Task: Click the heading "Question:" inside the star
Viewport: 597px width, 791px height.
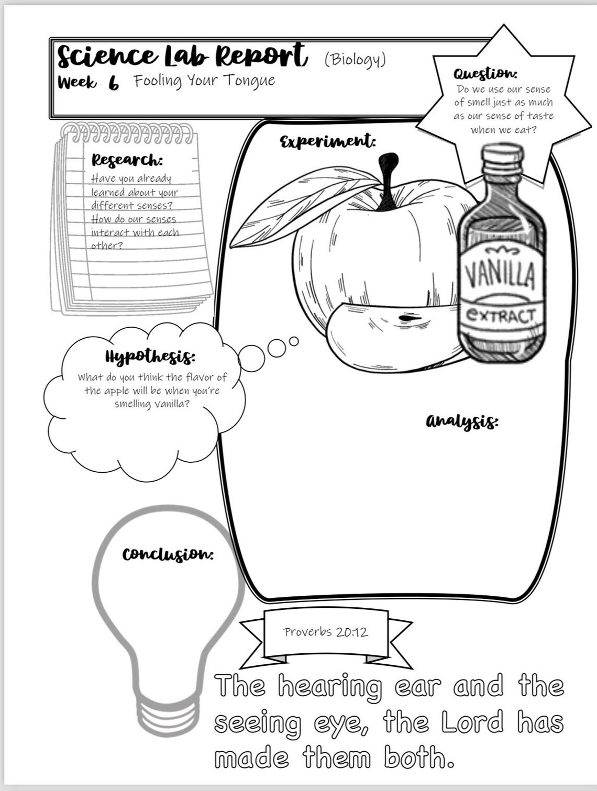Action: [485, 73]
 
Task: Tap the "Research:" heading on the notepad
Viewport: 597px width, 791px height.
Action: [127, 160]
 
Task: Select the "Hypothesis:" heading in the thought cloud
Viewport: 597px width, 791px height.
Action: [150, 356]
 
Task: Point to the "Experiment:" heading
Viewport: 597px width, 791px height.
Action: [328, 141]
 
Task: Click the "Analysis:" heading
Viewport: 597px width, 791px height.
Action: [462, 421]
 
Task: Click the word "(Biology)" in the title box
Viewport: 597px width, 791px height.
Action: [355, 60]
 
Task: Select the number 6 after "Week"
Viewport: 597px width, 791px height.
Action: [114, 83]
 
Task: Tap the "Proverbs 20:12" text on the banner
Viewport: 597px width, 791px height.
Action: [326, 632]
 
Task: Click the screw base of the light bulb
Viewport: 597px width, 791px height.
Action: [168, 715]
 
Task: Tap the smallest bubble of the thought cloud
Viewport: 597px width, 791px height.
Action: [294, 341]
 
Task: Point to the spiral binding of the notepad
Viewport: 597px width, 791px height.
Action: [127, 132]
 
